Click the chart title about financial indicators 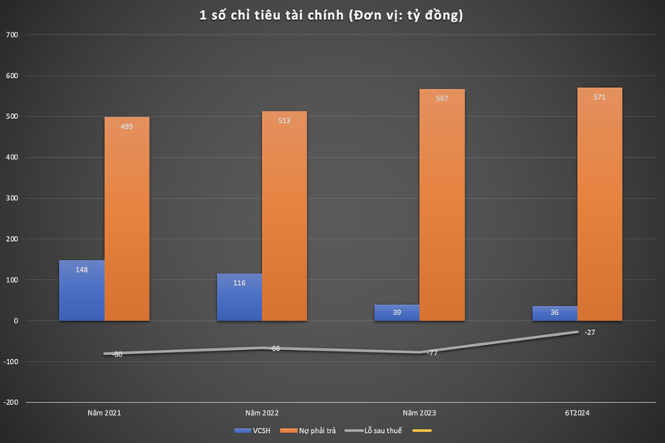(x=332, y=14)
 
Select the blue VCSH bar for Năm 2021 (x=81, y=290)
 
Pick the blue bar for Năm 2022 (x=239, y=297)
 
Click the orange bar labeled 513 (x=284, y=216)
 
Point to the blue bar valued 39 (x=397, y=313)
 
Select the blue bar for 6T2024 (x=554, y=313)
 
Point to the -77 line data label (x=431, y=353)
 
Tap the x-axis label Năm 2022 (x=262, y=412)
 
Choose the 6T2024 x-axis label (x=577, y=412)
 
